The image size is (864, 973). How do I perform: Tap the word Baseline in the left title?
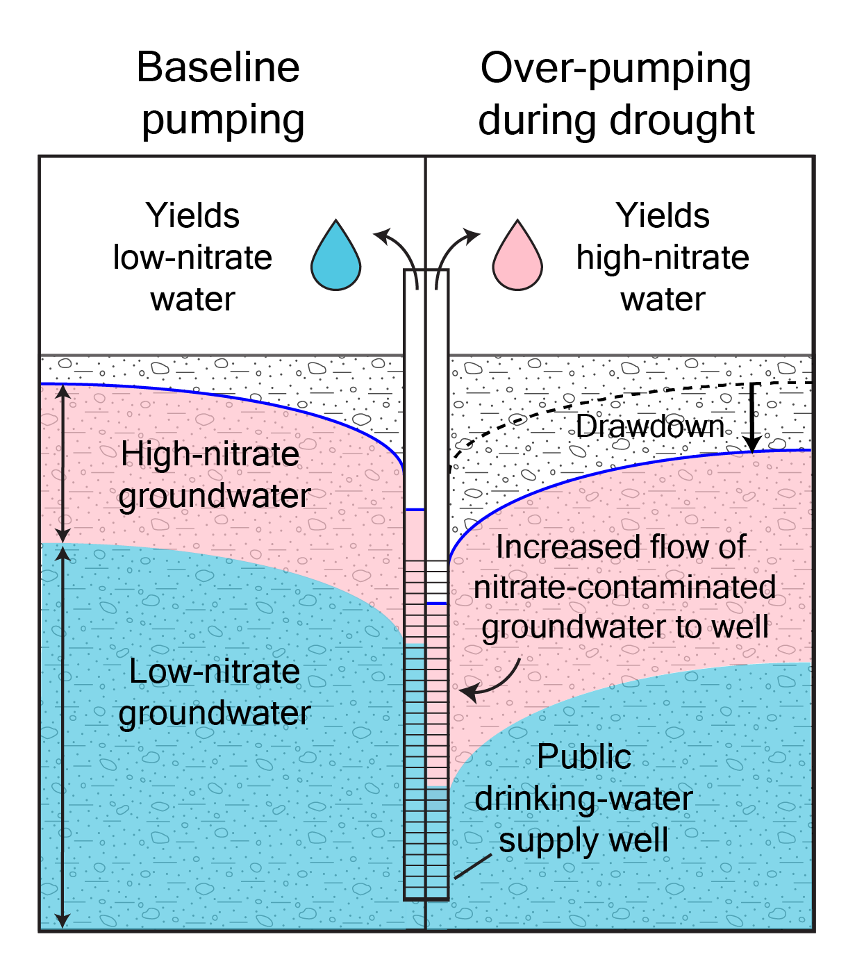[x=218, y=67]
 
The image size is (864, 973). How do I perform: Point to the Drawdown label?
[x=650, y=426]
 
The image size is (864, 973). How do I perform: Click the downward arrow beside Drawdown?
[x=753, y=418]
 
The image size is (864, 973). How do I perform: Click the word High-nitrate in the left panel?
[x=210, y=454]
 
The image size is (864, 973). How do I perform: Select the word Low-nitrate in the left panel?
[x=215, y=672]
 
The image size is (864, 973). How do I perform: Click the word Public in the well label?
[x=583, y=757]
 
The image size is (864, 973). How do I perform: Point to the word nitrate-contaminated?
[x=624, y=587]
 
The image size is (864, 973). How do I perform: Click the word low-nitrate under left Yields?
[x=192, y=258]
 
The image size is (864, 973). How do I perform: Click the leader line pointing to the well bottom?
[x=472, y=866]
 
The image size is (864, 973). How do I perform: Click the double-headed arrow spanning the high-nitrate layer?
[x=63, y=464]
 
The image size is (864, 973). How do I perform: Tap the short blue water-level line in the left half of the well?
[x=415, y=510]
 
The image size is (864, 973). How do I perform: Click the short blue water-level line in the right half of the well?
[x=437, y=604]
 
